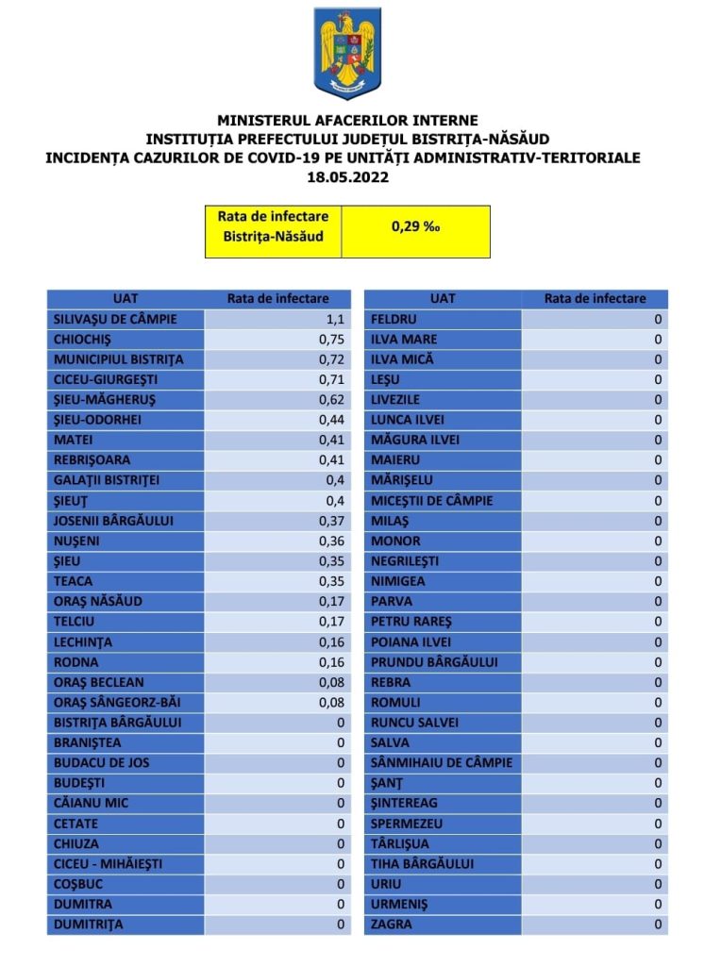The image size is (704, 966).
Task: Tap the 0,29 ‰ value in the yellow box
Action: [415, 227]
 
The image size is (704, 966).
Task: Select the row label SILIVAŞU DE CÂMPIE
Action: [115, 319]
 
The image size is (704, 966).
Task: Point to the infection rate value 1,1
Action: [337, 319]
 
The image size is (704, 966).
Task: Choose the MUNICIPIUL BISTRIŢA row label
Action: [119, 359]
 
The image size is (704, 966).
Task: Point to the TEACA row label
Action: [74, 581]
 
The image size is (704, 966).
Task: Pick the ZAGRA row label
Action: [392, 924]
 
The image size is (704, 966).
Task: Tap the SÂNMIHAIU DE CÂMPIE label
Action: [443, 762]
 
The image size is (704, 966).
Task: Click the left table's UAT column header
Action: [125, 298]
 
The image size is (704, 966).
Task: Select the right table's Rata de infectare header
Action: [595, 298]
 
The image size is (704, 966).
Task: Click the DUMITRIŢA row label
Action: [89, 924]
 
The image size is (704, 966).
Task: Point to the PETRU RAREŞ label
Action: [412, 622]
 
